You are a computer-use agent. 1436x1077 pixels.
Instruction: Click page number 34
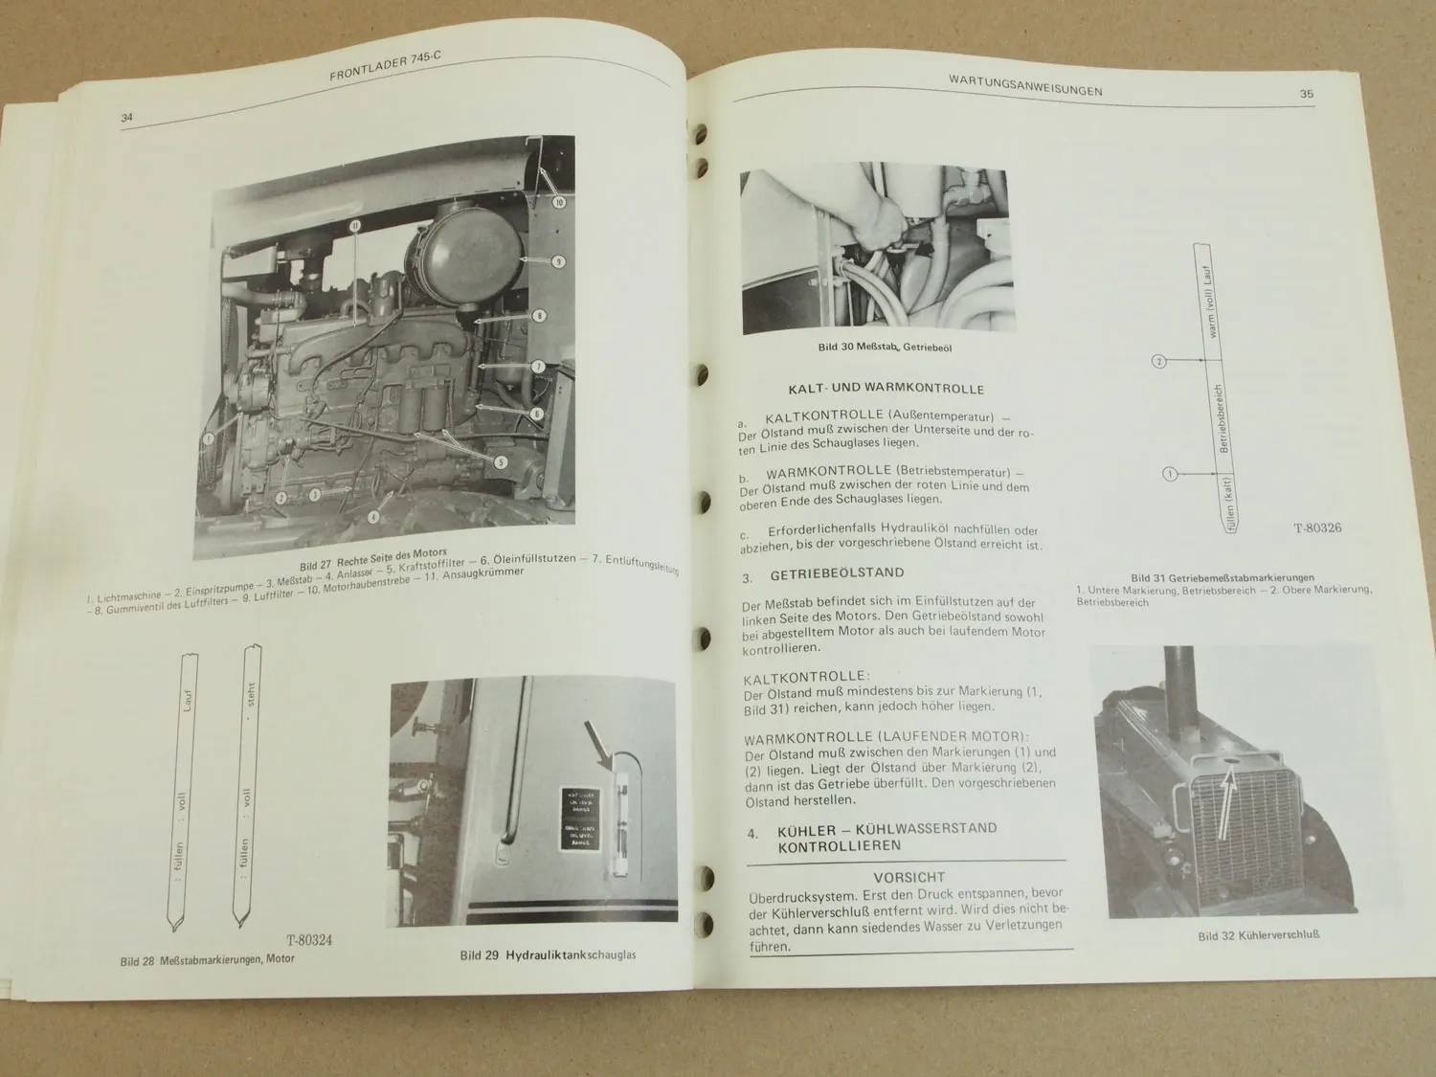click(x=125, y=118)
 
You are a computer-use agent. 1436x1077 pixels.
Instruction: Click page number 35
click(x=1306, y=94)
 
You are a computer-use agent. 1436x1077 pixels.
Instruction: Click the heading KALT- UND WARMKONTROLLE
click(x=886, y=389)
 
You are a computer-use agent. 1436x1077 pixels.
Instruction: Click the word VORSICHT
click(x=909, y=877)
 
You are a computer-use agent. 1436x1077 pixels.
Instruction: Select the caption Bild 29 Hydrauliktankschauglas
click(x=548, y=954)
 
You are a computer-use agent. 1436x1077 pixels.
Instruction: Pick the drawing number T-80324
click(x=308, y=940)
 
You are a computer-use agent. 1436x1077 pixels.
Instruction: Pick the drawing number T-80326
click(x=1317, y=527)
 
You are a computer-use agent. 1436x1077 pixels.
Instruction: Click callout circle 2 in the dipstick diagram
click(x=1158, y=361)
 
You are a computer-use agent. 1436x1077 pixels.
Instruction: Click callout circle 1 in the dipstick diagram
click(x=1168, y=473)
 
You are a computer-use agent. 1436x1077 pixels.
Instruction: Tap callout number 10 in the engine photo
click(x=559, y=202)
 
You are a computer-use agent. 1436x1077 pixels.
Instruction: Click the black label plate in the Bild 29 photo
click(x=581, y=819)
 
